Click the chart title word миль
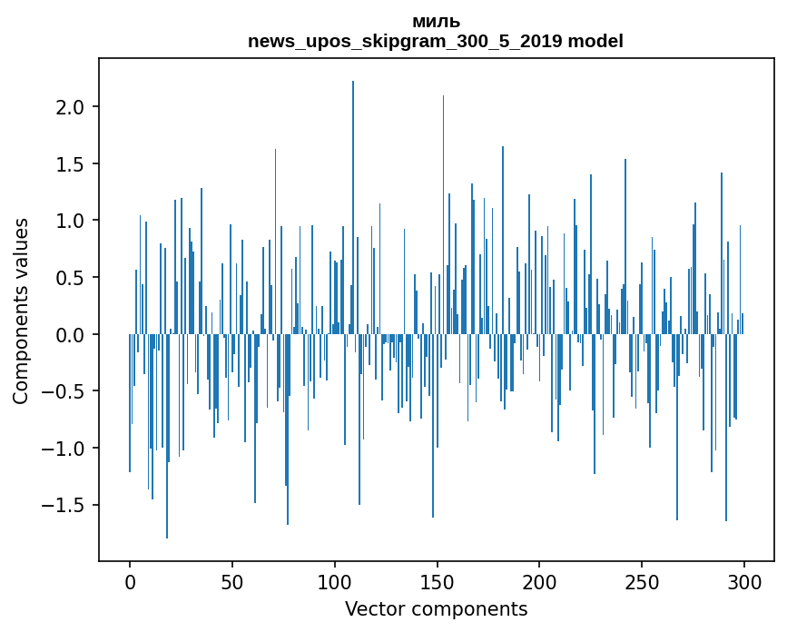(x=436, y=22)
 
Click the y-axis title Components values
(x=21, y=311)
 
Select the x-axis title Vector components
(x=436, y=608)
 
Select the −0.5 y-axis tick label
(x=65, y=391)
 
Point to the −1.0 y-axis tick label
(x=65, y=449)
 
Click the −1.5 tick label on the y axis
(x=65, y=505)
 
